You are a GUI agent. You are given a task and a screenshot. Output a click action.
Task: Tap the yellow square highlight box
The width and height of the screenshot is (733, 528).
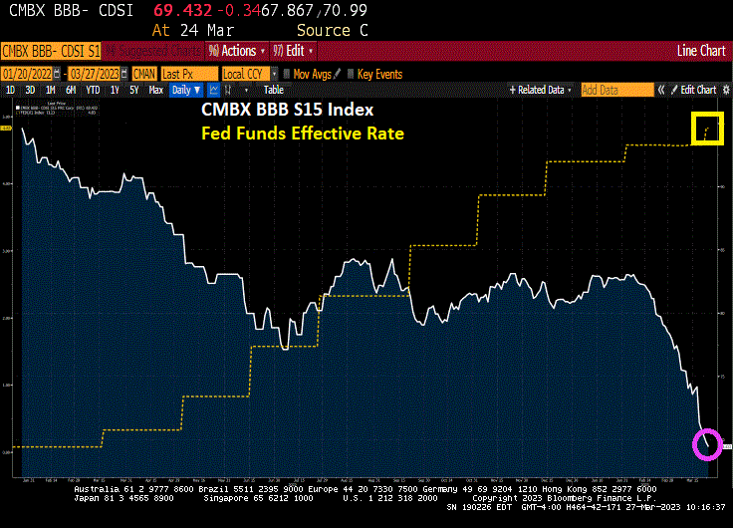coord(707,130)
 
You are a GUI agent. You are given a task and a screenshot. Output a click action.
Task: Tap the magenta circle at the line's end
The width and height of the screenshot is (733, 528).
coord(706,444)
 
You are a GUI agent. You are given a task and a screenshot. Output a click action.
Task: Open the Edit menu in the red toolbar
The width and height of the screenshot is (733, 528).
coord(298,51)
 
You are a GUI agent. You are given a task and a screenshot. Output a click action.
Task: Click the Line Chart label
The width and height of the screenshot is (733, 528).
coord(701,51)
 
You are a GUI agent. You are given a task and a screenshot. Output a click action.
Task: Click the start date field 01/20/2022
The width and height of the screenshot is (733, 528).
coord(30,74)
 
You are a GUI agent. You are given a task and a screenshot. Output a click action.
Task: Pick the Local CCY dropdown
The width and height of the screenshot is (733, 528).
coord(247,74)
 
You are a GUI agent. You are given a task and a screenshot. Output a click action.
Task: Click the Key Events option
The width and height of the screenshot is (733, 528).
coord(378,74)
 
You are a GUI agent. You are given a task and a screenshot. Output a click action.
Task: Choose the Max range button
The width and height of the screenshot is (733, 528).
coord(155,90)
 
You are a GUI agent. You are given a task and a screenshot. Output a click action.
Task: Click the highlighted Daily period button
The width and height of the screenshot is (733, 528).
coord(183,90)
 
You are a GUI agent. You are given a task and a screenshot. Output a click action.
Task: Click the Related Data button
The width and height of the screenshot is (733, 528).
coord(540,90)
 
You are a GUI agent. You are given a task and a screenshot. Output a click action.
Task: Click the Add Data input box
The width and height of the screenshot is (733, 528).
coord(613,90)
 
